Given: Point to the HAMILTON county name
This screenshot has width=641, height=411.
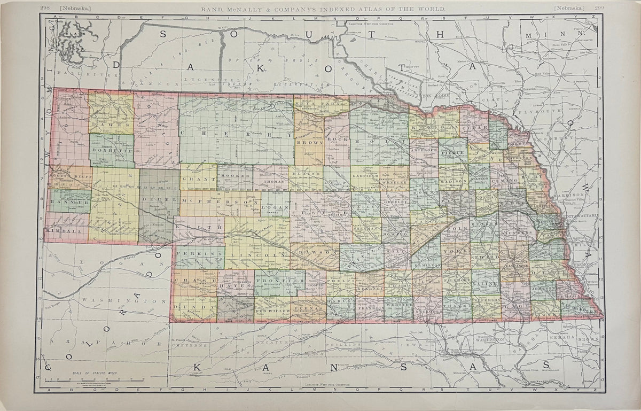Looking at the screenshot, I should pos(426,265).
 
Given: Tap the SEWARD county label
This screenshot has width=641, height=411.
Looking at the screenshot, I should pos(484,257).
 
